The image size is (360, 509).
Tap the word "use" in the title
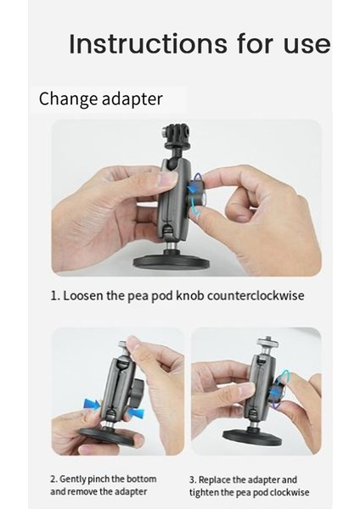coord(307,44)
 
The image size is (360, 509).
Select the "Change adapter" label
coord(100,99)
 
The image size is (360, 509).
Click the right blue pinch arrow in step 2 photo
coord(136,413)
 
